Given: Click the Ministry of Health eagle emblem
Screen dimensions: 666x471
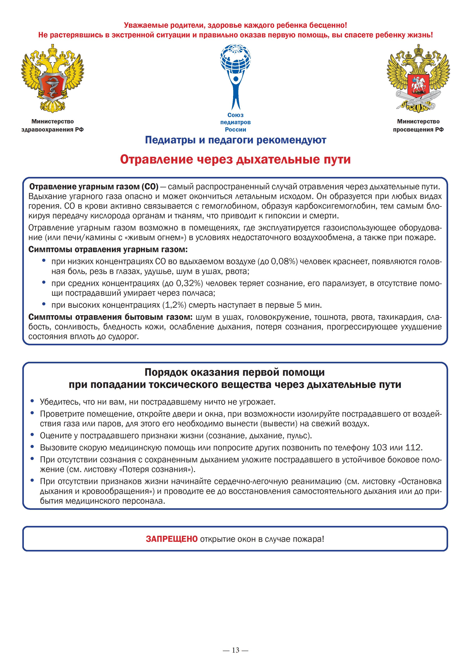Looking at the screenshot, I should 52,78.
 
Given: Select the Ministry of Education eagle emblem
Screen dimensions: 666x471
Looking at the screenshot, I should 418,78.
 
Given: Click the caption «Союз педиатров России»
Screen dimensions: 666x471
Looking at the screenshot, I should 235,122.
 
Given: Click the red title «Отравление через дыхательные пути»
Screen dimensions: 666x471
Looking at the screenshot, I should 235,159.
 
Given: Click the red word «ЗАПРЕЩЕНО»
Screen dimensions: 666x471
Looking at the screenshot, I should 171,539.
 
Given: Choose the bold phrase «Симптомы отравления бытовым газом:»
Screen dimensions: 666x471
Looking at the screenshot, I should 111,317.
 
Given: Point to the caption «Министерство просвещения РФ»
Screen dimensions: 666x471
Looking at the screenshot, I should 418,125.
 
